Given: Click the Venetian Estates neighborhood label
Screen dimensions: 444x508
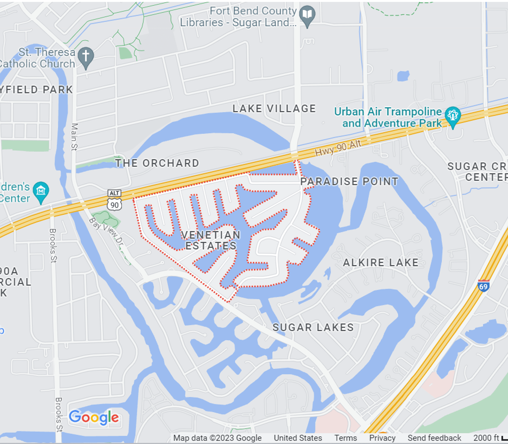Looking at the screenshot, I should pyautogui.click(x=211, y=240).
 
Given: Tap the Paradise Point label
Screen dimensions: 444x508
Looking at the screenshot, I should pyautogui.click(x=349, y=181).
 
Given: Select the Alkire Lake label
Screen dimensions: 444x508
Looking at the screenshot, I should pyautogui.click(x=380, y=263).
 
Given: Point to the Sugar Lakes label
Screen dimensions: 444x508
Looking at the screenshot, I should pyautogui.click(x=313, y=327).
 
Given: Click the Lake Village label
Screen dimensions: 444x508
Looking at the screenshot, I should pyautogui.click(x=274, y=108).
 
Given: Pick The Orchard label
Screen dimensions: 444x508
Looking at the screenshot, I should pyautogui.click(x=157, y=163).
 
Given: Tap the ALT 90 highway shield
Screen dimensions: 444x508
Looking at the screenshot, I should pyautogui.click(x=114, y=200).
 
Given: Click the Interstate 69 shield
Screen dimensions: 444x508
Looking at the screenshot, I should pyautogui.click(x=483, y=286).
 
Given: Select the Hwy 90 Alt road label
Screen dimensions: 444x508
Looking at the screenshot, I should pyautogui.click(x=338, y=148).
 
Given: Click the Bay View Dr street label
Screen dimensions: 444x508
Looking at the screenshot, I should pyautogui.click(x=106, y=231).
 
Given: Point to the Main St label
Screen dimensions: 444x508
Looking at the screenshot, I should pyautogui.click(x=74, y=137).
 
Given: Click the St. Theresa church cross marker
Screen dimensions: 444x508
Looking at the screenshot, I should pyautogui.click(x=86, y=56).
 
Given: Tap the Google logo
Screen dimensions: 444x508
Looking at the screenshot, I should pyautogui.click(x=94, y=417).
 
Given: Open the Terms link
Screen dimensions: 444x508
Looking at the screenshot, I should pyautogui.click(x=345, y=438).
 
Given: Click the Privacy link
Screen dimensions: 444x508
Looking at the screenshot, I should pyautogui.click(x=382, y=438).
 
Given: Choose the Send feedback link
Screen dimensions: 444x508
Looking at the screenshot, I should pyautogui.click(x=434, y=438).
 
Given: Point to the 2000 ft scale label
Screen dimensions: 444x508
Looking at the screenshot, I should pyautogui.click(x=486, y=438).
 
